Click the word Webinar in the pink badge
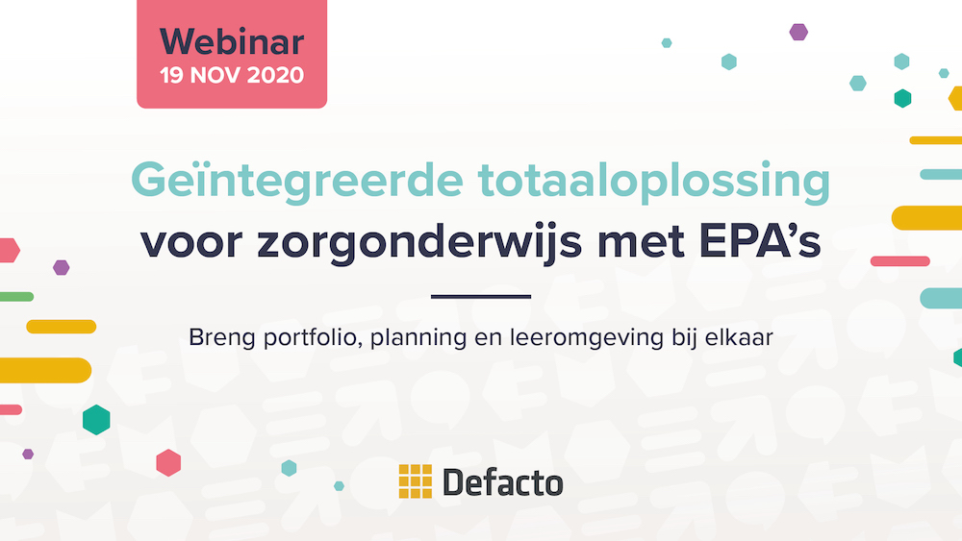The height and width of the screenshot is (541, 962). pos(232,41)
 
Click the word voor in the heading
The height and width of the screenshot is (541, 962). pos(190,242)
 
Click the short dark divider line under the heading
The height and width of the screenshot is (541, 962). pos(480,296)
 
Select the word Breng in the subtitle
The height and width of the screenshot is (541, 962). pos(216,338)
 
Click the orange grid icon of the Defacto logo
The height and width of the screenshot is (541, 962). pos(416,481)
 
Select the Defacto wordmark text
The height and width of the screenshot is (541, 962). pos(502,481)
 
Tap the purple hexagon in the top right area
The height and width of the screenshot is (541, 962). pos(798,32)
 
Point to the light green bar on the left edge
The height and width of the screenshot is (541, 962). pos(16,296)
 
